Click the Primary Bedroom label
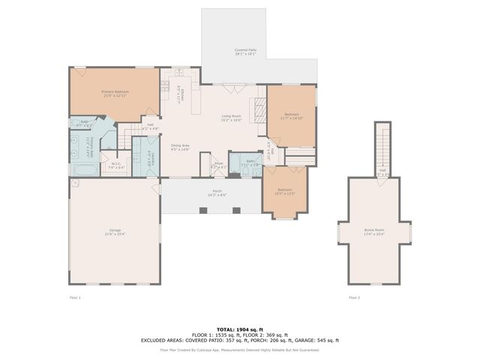click(x=115, y=94)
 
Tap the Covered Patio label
click(x=246, y=52)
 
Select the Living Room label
click(x=231, y=118)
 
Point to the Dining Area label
click(x=180, y=148)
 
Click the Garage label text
click(x=115, y=232)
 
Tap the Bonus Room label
click(x=374, y=232)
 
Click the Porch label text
click(x=217, y=193)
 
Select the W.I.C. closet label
click(x=116, y=166)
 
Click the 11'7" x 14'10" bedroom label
click(x=291, y=116)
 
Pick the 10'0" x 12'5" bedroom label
click(x=284, y=191)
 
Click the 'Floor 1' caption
click(x=74, y=298)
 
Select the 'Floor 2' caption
click(x=354, y=298)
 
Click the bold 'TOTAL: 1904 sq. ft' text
click(x=240, y=329)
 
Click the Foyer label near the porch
click(x=218, y=165)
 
